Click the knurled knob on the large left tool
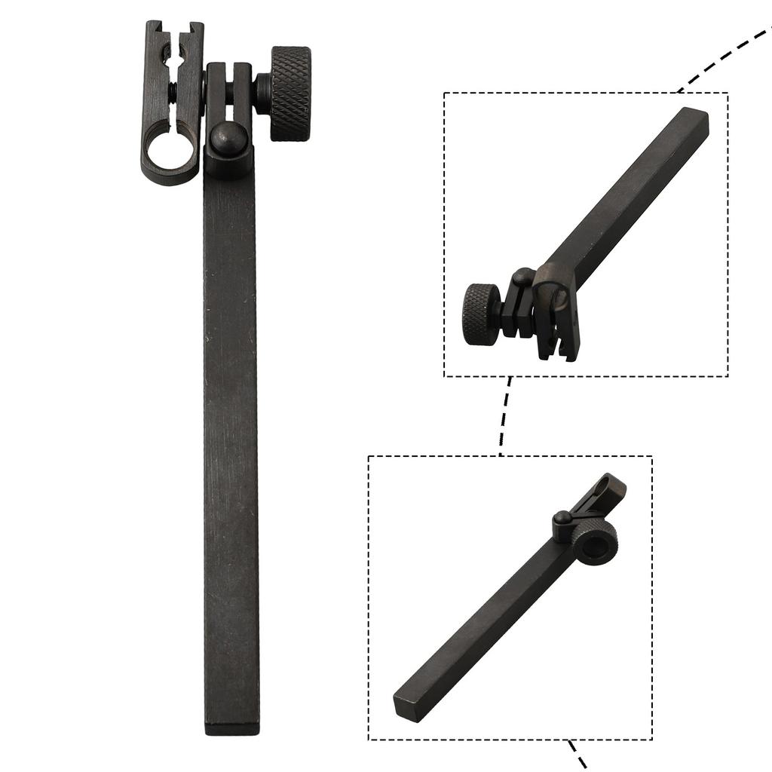(x=290, y=93)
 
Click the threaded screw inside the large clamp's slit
(x=173, y=94)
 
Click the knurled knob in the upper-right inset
(x=481, y=314)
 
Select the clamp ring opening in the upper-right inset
(x=554, y=296)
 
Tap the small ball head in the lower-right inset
(x=562, y=518)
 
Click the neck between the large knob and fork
(x=262, y=92)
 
